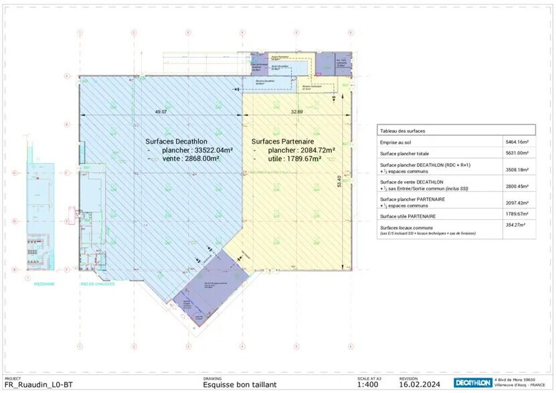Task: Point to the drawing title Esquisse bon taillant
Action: [x=240, y=385]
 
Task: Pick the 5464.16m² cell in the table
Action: [x=519, y=142]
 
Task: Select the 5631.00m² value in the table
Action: [x=519, y=154]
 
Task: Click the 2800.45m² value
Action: [x=519, y=186]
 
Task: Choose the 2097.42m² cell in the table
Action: [x=519, y=203]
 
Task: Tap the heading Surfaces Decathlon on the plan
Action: [x=176, y=142]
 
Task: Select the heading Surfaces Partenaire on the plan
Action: [x=283, y=142]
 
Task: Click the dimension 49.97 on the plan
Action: [x=161, y=112]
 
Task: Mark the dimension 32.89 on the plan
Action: [x=296, y=112]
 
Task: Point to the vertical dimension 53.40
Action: [x=340, y=180]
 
